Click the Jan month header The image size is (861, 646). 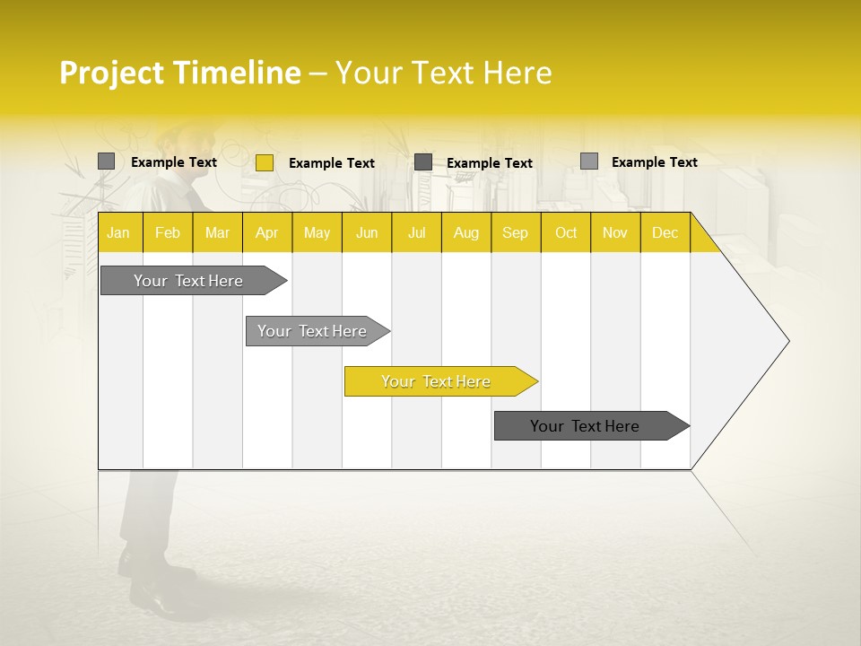[118, 232]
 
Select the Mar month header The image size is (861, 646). [217, 232]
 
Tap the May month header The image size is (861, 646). [317, 232]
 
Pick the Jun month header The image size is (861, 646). [367, 232]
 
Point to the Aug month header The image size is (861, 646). [465, 232]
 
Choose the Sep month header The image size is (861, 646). [515, 232]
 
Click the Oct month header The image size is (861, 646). [566, 232]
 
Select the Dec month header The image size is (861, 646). [665, 232]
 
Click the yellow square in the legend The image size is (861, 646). [264, 162]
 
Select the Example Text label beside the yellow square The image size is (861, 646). [331, 163]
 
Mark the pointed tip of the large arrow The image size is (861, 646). [787, 341]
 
